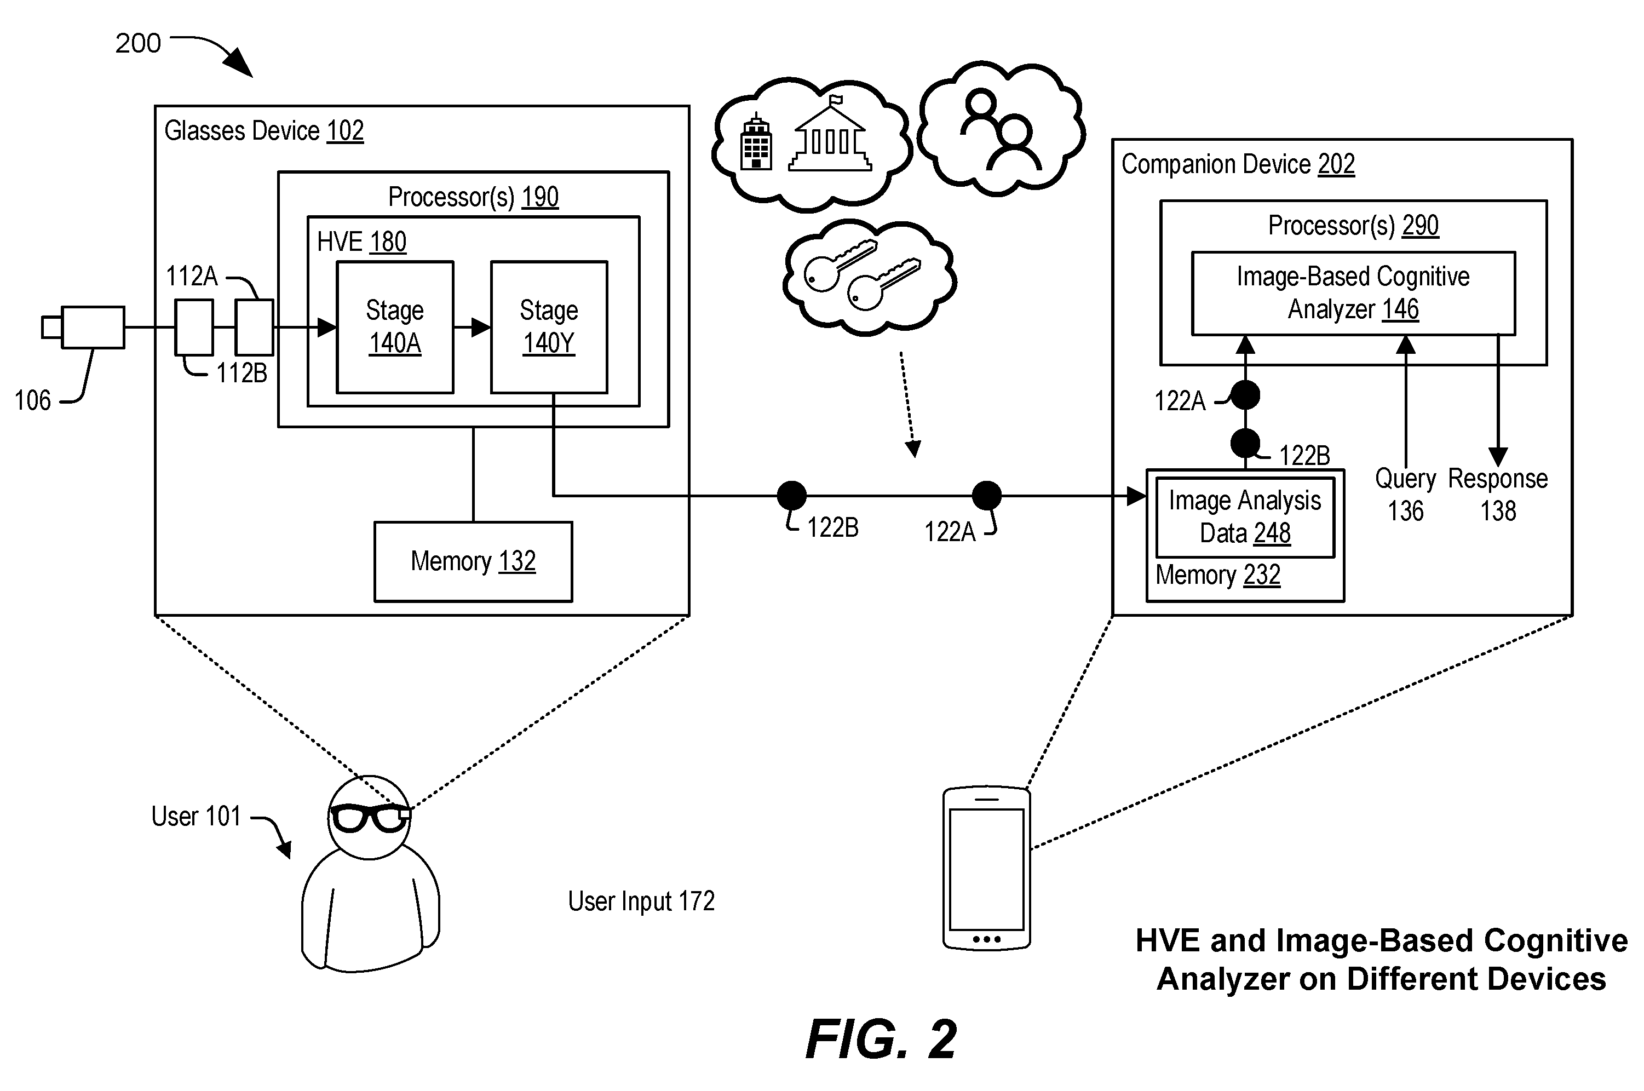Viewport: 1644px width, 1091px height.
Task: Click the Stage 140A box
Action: click(x=394, y=327)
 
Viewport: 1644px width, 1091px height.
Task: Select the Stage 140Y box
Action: click(x=549, y=327)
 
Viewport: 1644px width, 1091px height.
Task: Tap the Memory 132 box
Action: click(x=473, y=561)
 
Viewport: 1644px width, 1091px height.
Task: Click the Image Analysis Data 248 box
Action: click(x=1245, y=517)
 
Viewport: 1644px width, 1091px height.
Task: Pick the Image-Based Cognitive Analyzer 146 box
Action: click(x=1353, y=293)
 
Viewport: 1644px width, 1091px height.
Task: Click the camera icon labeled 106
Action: click(x=83, y=327)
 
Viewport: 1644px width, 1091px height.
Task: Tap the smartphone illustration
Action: click(x=986, y=868)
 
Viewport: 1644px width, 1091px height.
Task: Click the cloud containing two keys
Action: click(x=869, y=277)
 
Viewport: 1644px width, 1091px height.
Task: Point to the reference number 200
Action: click(x=138, y=43)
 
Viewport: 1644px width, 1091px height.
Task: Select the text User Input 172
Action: click(x=641, y=901)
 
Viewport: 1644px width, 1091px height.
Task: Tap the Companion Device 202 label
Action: click(x=1238, y=164)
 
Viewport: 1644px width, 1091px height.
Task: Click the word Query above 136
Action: click(x=1405, y=479)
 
